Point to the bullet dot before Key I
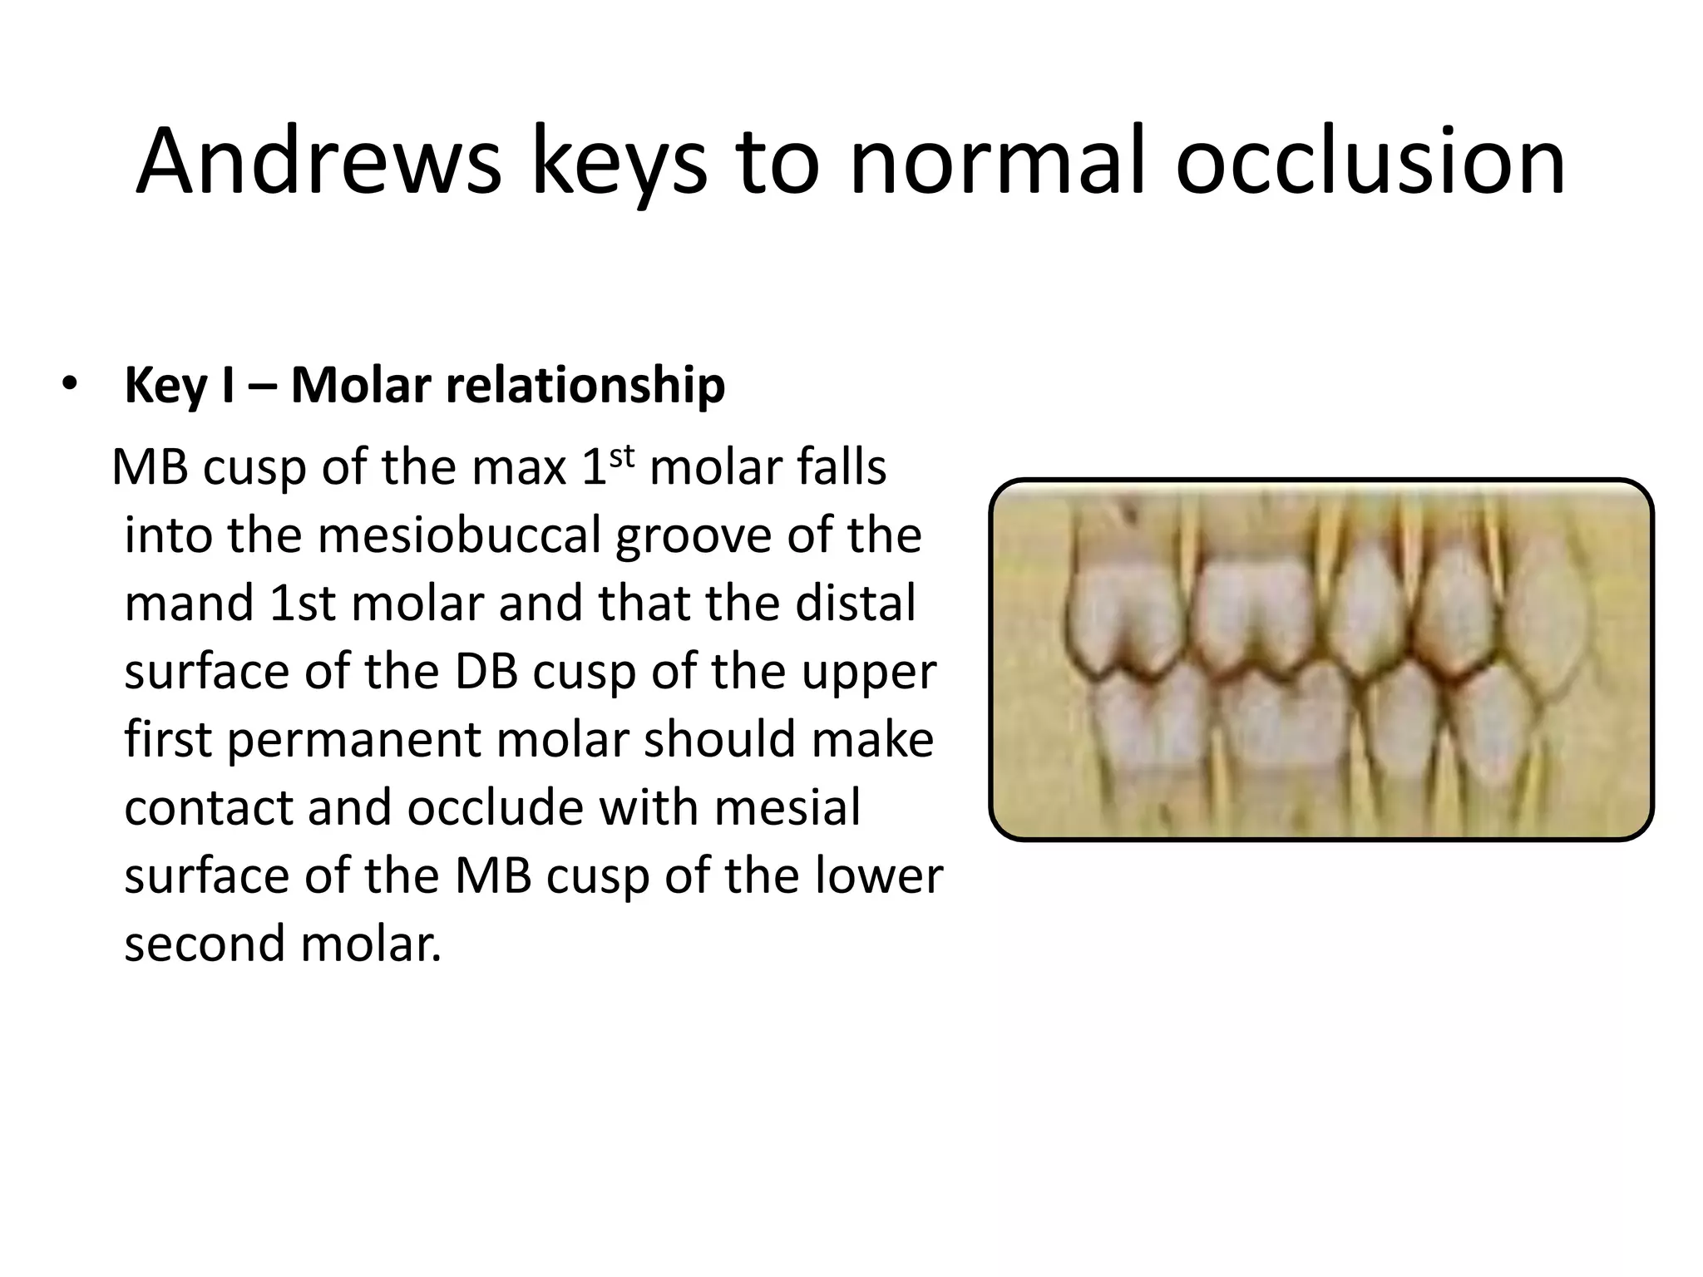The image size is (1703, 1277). point(68,385)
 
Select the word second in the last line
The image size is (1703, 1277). point(205,945)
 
